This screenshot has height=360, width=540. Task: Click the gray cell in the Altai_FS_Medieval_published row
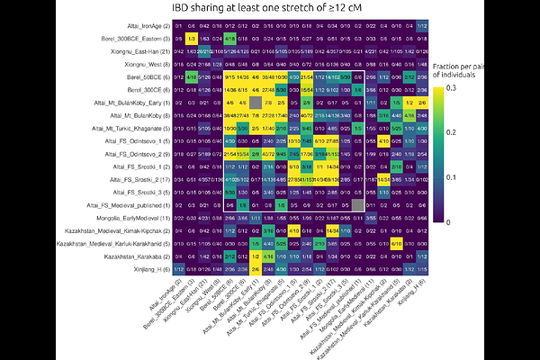pyautogui.click(x=358, y=205)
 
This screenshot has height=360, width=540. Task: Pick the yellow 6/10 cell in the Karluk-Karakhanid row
pyautogui.click(x=397, y=244)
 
